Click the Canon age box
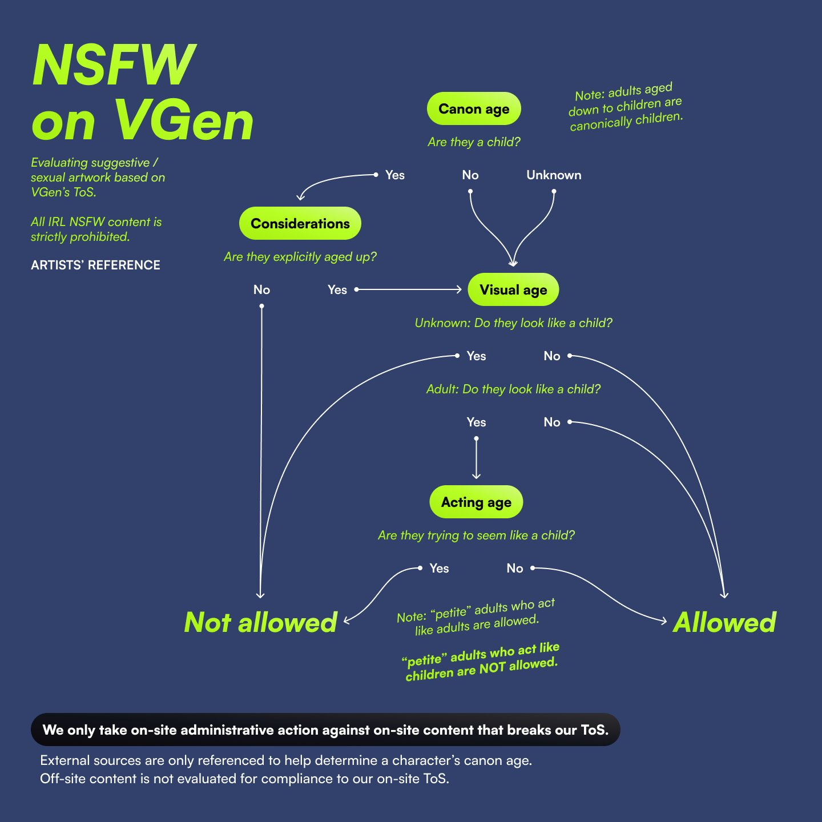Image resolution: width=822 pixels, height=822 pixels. pyautogui.click(x=474, y=109)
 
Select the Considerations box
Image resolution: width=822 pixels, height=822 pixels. pyautogui.click(x=300, y=223)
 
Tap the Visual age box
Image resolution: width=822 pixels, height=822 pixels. pyautogui.click(x=513, y=290)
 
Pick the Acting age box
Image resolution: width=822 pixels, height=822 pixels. pyautogui.click(x=476, y=502)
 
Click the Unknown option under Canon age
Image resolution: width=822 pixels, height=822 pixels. pyautogui.click(x=554, y=175)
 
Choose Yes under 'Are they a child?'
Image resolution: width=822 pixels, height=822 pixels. pyautogui.click(x=394, y=175)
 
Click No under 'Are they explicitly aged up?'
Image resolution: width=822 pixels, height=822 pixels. pyautogui.click(x=261, y=290)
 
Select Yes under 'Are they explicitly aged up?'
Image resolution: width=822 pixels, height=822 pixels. pyautogui.click(x=337, y=290)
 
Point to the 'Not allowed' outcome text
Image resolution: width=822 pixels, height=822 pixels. pyautogui.click(x=261, y=622)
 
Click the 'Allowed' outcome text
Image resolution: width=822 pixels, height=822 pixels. pyautogui.click(x=724, y=622)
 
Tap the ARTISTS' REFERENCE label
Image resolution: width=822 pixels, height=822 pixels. pyautogui.click(x=95, y=265)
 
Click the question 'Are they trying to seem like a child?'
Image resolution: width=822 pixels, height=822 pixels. pyautogui.click(x=476, y=535)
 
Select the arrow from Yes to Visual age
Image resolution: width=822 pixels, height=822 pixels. pyautogui.click(x=409, y=290)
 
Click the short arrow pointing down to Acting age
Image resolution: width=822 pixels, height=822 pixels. pyautogui.click(x=476, y=458)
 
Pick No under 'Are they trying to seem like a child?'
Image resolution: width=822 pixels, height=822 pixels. pyautogui.click(x=514, y=569)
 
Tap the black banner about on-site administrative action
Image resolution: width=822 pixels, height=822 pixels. pyautogui.click(x=325, y=730)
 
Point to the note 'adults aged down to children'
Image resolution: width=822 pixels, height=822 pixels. pyautogui.click(x=626, y=107)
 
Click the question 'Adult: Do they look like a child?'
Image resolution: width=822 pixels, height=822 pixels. pyautogui.click(x=513, y=389)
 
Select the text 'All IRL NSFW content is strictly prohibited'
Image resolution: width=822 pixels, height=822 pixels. pyautogui.click(x=96, y=229)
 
